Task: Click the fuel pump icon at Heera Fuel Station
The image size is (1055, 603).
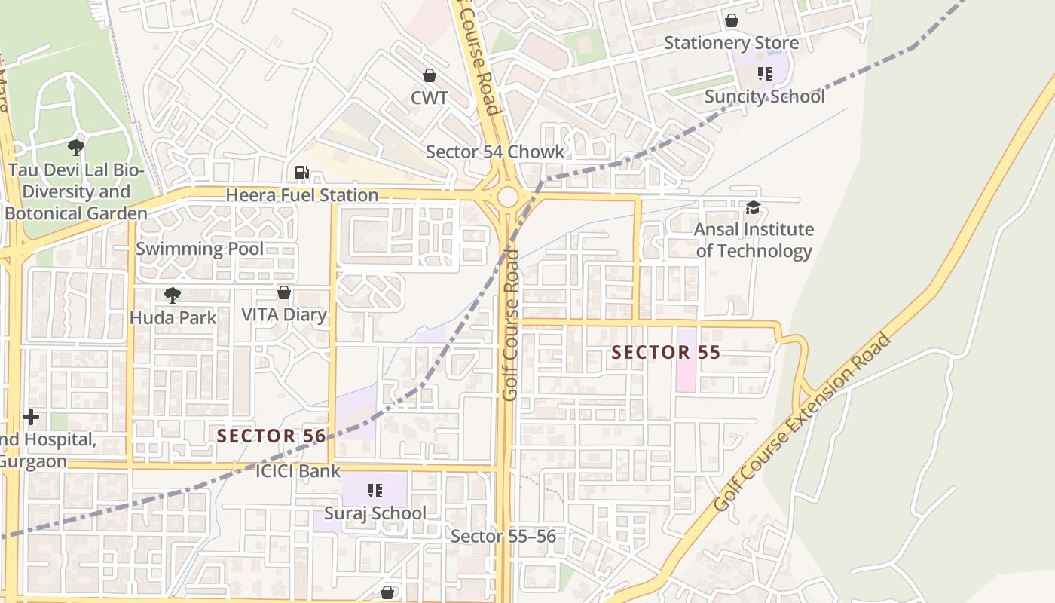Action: coord(301,173)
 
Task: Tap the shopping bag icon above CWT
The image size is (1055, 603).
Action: coord(429,75)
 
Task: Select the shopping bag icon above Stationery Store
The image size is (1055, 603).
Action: coord(731,20)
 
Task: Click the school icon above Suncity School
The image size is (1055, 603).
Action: coord(765,74)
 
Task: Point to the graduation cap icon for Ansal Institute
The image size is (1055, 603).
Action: coord(752,207)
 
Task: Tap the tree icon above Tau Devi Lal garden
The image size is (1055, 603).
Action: coord(75,147)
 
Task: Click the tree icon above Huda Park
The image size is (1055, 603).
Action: coord(172,295)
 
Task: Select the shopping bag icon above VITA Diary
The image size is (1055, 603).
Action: coord(284,292)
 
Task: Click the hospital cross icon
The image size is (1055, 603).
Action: coord(31,416)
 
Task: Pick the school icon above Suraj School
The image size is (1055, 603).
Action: coord(375,491)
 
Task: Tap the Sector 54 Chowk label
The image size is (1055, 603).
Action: coord(494,152)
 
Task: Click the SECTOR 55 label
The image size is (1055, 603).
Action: coord(665,352)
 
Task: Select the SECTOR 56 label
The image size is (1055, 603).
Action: coord(271,436)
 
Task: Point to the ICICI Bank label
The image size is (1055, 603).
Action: coord(298,472)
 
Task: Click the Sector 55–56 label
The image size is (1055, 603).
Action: coord(503,536)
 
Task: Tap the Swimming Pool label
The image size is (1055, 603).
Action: coord(200,249)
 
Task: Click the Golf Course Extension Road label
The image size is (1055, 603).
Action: coord(802,423)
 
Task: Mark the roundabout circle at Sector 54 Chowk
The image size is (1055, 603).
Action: coord(508,197)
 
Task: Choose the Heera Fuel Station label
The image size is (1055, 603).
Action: coord(302,195)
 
